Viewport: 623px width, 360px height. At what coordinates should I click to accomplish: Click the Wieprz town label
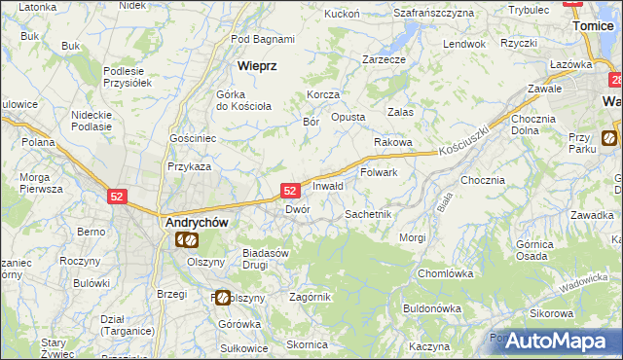pyautogui.click(x=258, y=66)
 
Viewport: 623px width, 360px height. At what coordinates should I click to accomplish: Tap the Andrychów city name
pyautogui.click(x=193, y=222)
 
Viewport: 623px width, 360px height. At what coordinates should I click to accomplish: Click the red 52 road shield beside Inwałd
pyautogui.click(x=290, y=192)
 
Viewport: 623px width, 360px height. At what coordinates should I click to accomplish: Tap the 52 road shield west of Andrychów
pyautogui.click(x=117, y=196)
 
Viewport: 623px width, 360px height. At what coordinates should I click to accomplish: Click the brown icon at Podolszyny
pyautogui.click(x=223, y=298)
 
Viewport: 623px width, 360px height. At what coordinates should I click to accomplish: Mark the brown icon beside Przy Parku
pyautogui.click(x=609, y=138)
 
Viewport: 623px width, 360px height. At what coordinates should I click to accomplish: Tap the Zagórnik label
pyautogui.click(x=311, y=297)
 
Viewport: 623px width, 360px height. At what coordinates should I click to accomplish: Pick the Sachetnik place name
pyautogui.click(x=368, y=213)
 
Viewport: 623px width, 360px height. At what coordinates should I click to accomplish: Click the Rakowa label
pyautogui.click(x=393, y=142)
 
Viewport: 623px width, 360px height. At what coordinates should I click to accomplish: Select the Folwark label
pyautogui.click(x=380, y=172)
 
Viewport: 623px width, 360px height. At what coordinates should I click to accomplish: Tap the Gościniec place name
pyautogui.click(x=192, y=139)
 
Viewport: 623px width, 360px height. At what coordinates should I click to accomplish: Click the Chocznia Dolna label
pyautogui.click(x=532, y=124)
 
